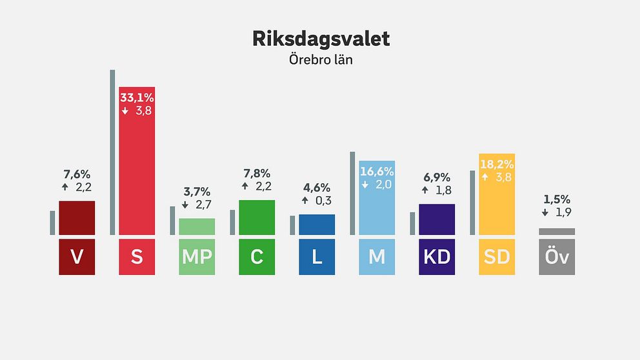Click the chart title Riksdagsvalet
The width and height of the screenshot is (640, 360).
(x=321, y=39)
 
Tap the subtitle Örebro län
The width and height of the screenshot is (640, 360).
(x=321, y=60)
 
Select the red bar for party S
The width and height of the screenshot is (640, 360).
(x=137, y=174)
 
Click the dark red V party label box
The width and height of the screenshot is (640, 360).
(x=77, y=257)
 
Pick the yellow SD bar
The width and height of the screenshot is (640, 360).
(x=497, y=206)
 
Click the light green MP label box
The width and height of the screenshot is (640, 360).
(x=197, y=257)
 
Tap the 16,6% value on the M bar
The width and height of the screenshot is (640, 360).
(x=377, y=172)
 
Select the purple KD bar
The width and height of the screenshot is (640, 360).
(x=437, y=219)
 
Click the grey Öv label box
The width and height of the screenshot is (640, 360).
(x=557, y=257)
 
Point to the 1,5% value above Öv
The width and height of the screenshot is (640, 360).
(x=556, y=199)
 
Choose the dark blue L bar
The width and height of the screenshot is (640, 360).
(x=317, y=225)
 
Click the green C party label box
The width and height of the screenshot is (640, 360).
(x=257, y=257)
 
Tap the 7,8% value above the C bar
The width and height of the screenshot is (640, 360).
(x=257, y=174)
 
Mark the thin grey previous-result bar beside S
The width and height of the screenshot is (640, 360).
(x=112, y=152)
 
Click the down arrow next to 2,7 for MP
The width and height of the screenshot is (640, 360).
(x=185, y=205)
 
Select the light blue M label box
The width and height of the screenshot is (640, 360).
(x=377, y=257)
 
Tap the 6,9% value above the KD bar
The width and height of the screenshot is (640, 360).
(x=437, y=177)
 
